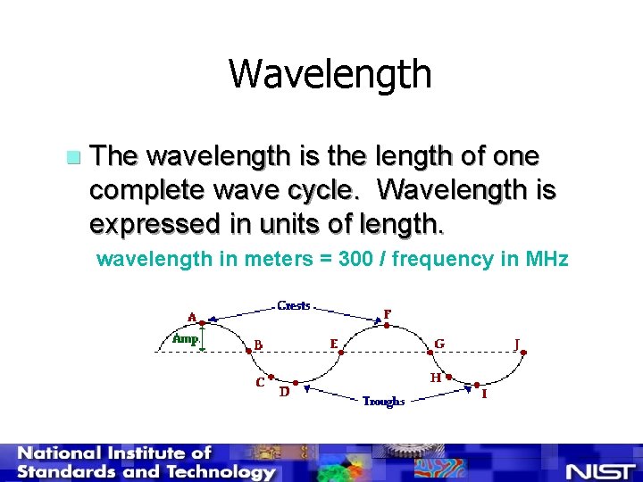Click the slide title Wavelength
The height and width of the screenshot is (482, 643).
330,74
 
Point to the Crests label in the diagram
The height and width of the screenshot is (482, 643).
294,305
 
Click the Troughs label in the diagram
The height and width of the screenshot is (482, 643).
383,402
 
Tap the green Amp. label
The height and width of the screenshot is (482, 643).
185,339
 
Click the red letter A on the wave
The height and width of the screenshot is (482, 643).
192,316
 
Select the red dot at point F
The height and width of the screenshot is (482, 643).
385,326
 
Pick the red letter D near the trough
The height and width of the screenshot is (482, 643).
284,391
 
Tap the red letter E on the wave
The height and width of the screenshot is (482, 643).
333,343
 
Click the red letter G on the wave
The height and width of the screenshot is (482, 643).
439,343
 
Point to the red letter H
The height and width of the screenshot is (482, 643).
435,378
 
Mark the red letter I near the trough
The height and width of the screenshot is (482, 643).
484,394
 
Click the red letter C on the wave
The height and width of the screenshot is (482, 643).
259,383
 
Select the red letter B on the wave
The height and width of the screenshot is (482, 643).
258,344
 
